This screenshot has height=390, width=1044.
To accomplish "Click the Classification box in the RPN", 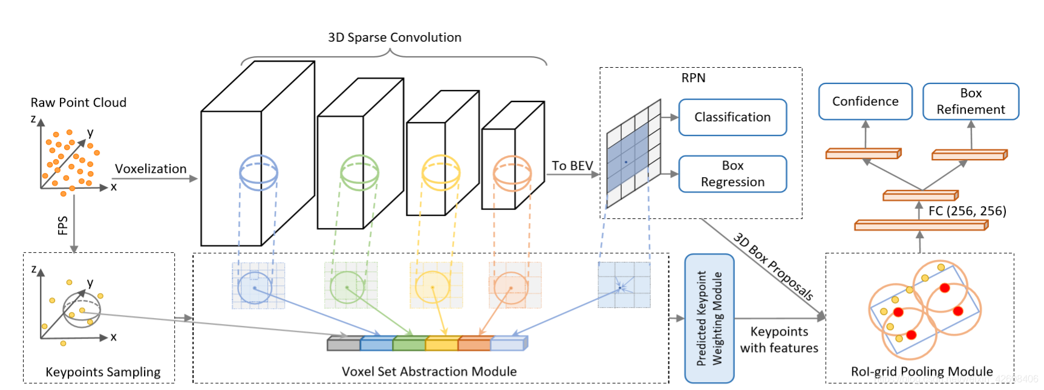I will (x=732, y=117).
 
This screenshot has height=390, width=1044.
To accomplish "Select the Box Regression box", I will (x=732, y=174).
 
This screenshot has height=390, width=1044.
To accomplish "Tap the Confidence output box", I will (x=865, y=102).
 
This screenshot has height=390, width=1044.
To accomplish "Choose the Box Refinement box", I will (x=970, y=102).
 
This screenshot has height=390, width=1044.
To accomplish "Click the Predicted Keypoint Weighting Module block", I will (x=709, y=318).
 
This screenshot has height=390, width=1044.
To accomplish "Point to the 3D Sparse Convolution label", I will (x=394, y=37).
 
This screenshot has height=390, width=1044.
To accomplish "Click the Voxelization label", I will (x=151, y=169).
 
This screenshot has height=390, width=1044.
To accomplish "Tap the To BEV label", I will (x=572, y=166).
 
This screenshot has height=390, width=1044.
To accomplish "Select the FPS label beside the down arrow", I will (x=62, y=226).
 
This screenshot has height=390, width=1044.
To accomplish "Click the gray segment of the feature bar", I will (x=343, y=345).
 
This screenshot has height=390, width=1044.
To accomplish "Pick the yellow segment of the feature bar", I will (x=442, y=345).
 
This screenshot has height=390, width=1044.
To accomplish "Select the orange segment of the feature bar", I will (x=474, y=345).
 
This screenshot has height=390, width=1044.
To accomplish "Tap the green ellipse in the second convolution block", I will (x=359, y=172).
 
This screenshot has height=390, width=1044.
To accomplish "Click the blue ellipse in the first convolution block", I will (x=258, y=172).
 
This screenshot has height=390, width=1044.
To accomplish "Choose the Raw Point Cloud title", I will (x=79, y=103).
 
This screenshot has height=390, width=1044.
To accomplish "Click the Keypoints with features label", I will (x=779, y=340).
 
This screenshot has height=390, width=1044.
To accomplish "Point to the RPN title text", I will (x=693, y=78).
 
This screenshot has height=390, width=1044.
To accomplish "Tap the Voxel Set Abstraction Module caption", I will (x=429, y=371).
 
